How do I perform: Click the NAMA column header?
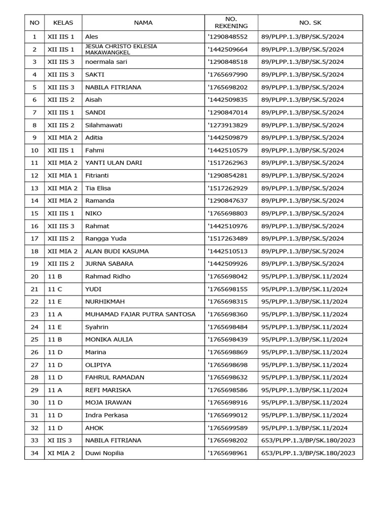tap(143, 22)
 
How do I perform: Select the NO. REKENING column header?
tap(231, 22)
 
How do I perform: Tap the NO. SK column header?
tap(310, 22)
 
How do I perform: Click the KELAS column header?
tap(63, 22)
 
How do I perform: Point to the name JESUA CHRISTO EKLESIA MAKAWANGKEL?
tap(121, 49)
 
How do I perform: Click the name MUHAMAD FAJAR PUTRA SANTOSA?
tap(140, 314)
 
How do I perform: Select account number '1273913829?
tap(228, 125)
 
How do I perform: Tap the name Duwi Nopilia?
tap(104, 453)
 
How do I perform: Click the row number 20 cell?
tap(34, 276)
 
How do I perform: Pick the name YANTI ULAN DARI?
tap(113, 163)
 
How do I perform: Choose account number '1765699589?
tap(228, 428)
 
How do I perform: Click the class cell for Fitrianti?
tap(62, 175)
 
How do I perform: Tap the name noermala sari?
tap(106, 62)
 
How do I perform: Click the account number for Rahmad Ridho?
tap(228, 276)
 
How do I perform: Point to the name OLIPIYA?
tap(98, 364)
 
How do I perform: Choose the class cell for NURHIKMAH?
tap(55, 302)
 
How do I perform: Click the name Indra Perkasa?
tap(106, 415)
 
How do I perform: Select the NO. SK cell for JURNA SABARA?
tap(302, 264)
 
